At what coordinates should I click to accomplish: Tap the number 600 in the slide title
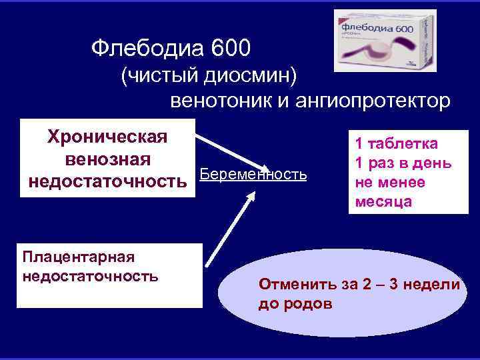pos(230,47)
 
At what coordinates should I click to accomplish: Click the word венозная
pos(107,159)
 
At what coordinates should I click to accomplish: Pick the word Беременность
pos(253,175)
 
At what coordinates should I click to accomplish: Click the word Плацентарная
pos(79,257)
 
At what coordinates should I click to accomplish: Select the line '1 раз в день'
pos(403,163)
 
